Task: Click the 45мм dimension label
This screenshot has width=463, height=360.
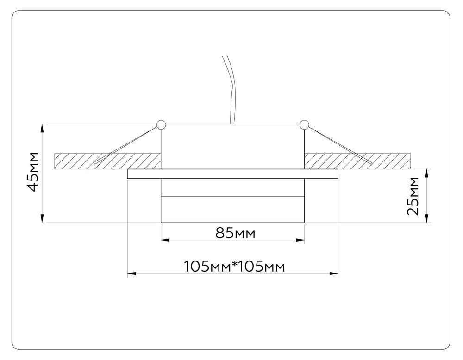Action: [x=32, y=171]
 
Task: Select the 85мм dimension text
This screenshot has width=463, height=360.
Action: [x=235, y=233]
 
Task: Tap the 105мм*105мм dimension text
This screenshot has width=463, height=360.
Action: [x=233, y=267]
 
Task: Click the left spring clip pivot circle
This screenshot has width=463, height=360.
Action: [x=161, y=124]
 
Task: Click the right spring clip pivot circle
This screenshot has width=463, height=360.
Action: [x=304, y=124]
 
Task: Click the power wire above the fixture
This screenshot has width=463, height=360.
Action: [x=230, y=88]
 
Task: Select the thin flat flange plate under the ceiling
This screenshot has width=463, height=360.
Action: [x=232, y=174]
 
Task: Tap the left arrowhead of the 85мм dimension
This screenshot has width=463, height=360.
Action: [x=164, y=240]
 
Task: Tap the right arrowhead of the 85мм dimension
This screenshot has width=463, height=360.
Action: [x=301, y=240]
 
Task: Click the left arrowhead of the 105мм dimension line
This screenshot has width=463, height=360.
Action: [x=131, y=274]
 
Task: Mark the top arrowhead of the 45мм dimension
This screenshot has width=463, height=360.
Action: [x=43, y=127]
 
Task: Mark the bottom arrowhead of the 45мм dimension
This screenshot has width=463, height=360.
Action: [x=43, y=219]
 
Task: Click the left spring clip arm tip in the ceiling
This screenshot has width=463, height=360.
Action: [x=96, y=162]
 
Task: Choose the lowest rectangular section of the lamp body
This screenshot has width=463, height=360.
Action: [x=232, y=210]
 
